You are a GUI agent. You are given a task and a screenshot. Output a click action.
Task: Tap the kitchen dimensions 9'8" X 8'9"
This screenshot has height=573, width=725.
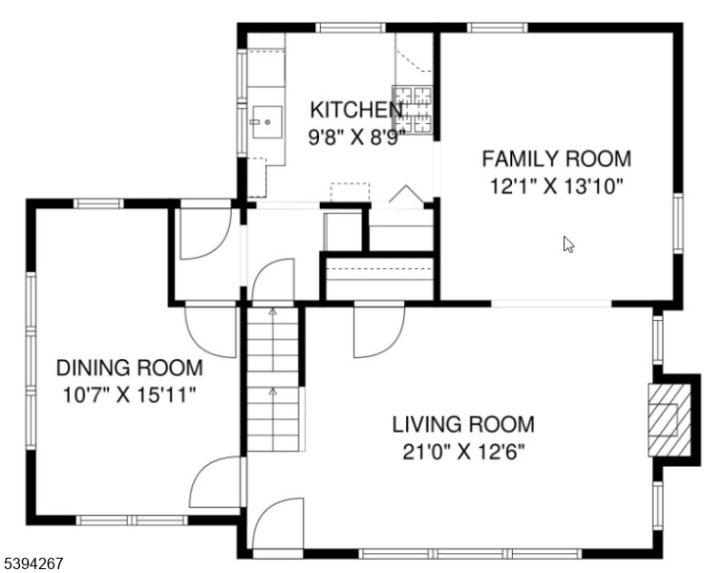click(x=355, y=136)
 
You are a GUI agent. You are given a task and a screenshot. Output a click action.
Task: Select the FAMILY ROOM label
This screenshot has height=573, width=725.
click(x=556, y=159)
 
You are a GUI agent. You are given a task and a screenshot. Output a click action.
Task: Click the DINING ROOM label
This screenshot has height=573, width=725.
click(x=129, y=368)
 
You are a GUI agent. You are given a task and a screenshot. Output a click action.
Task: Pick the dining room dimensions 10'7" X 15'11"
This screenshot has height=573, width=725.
click(x=129, y=394)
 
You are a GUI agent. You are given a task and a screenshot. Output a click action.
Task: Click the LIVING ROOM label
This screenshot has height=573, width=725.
click(x=463, y=424)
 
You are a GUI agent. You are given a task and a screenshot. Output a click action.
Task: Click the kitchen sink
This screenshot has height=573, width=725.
click(x=267, y=121)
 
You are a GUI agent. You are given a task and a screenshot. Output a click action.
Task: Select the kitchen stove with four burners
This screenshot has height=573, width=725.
click(x=415, y=109)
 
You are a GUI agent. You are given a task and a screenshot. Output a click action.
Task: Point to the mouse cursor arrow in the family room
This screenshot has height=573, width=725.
click(x=568, y=244)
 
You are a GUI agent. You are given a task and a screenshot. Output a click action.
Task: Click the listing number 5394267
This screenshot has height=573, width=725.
click(x=33, y=563)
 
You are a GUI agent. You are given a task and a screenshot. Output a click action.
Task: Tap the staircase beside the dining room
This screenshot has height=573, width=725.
click(x=273, y=377)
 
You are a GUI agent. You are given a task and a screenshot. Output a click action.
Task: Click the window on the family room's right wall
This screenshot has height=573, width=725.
click(x=678, y=225)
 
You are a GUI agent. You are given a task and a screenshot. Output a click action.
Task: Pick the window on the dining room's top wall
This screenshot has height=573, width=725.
click(x=98, y=203)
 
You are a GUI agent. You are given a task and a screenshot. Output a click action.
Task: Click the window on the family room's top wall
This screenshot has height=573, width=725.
click(x=497, y=27)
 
